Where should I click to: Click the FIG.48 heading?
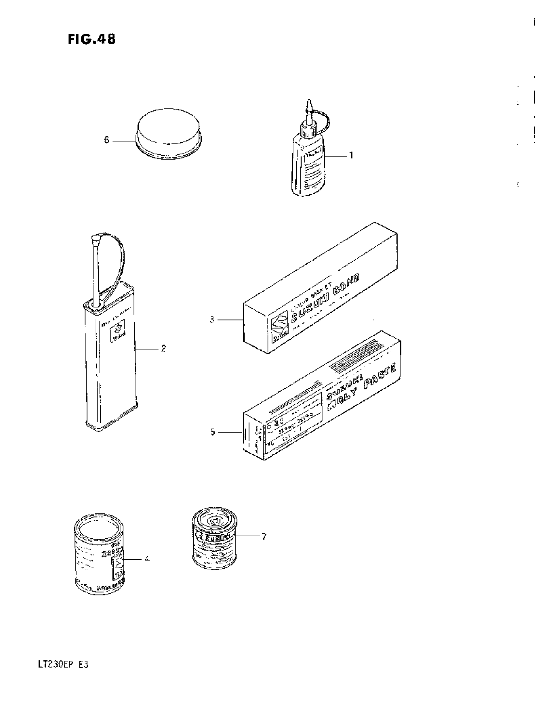pyautogui.click(x=92, y=40)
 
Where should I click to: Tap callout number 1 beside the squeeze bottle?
pyautogui.click(x=351, y=155)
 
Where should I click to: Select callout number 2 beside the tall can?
pyautogui.click(x=164, y=348)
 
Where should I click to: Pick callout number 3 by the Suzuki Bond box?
pyautogui.click(x=212, y=319)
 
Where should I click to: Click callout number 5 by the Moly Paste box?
pyautogui.click(x=213, y=433)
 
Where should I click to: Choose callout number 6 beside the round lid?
pyautogui.click(x=106, y=140)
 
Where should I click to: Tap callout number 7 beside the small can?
pyautogui.click(x=264, y=536)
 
